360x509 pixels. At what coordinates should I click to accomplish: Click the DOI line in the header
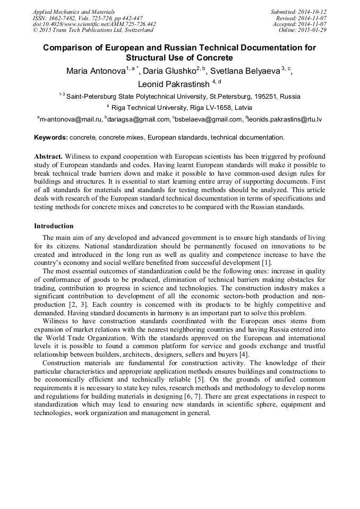(95, 24)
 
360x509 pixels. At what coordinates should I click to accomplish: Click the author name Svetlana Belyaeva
(245, 72)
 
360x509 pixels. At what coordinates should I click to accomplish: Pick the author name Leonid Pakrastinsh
(174, 84)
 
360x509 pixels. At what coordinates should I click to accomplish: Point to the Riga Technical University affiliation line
(183, 107)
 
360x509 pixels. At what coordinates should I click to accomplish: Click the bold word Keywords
(50, 137)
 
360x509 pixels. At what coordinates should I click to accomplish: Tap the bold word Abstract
(48, 157)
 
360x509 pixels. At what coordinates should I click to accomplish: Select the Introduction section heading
(54, 226)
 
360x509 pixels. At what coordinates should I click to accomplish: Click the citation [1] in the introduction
(266, 263)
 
